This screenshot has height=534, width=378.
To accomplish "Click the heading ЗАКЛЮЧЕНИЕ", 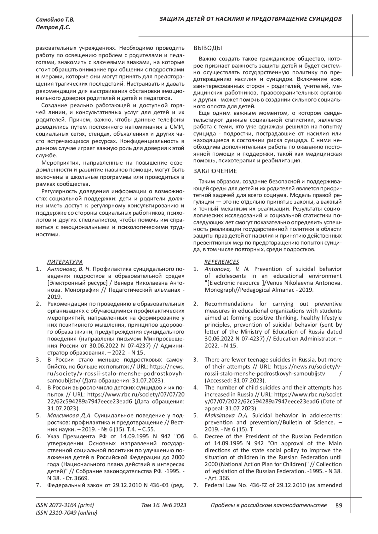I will pyautogui.click(x=215, y=171).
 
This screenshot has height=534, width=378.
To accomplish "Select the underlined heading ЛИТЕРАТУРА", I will pyautogui.click(x=65, y=262).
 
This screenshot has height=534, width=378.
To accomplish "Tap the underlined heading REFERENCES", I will pyautogui.click(x=222, y=262).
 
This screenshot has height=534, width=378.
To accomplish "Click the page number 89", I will pyautogui.click(x=339, y=505).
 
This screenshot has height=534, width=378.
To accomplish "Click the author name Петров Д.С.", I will pyautogui.click(x=53, y=28).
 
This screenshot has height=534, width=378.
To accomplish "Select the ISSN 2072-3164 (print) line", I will pyautogui.click(x=65, y=505).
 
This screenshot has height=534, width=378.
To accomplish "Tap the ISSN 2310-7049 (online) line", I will pyautogui.click(x=66, y=513).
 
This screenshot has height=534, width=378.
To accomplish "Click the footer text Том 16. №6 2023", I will pyautogui.click(x=164, y=505).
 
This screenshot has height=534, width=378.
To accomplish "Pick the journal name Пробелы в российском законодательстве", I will pyautogui.click(x=268, y=505).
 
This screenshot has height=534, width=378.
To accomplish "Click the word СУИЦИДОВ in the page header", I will pyautogui.click(x=326, y=19).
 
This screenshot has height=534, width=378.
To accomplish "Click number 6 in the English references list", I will pyautogui.click(x=196, y=436).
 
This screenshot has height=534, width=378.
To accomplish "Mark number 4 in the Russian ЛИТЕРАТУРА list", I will pyautogui.click(x=38, y=387).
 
